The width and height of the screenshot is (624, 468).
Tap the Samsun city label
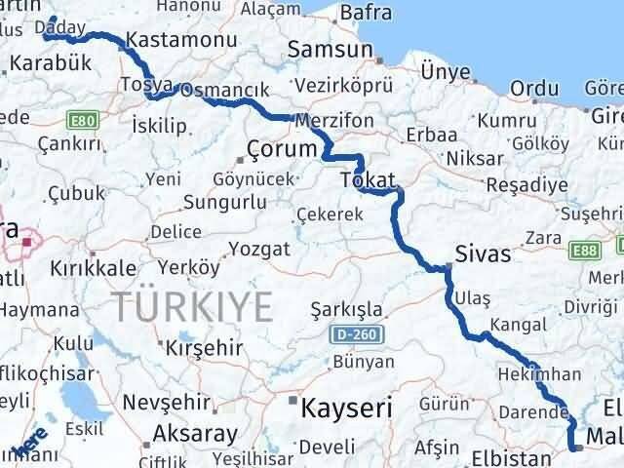[332, 51]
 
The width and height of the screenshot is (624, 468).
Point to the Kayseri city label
[347, 406]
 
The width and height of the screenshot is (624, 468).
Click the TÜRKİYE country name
[192, 307]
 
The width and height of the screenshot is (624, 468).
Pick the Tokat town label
[369, 180]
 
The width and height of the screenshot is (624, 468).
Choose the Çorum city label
[283, 150]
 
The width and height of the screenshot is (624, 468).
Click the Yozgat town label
[259, 250]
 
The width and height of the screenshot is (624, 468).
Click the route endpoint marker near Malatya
[577, 448]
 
